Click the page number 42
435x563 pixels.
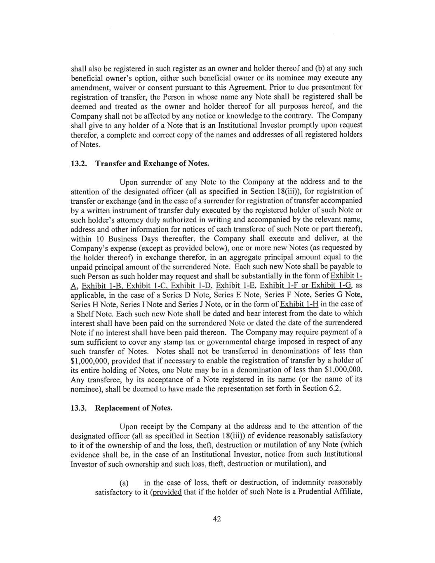(217, 519)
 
